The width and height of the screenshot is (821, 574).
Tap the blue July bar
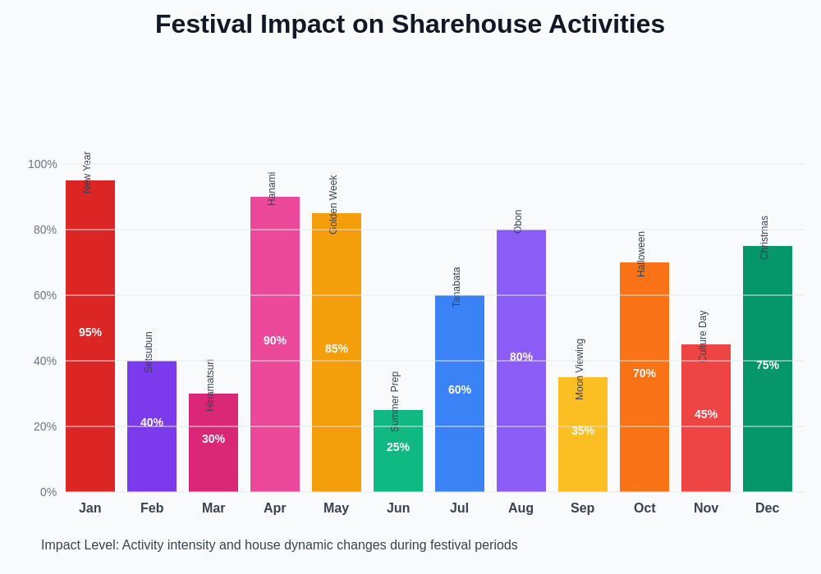click(460, 435)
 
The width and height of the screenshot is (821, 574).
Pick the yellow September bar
click(583, 459)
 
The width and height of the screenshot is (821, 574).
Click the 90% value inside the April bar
click(275, 340)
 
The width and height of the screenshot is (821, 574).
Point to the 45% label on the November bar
click(706, 414)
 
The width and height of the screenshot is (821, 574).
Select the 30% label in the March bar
click(213, 439)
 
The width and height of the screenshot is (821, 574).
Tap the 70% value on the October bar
click(644, 373)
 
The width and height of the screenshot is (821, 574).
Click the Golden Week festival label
click(333, 205)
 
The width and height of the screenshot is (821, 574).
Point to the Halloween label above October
click(641, 254)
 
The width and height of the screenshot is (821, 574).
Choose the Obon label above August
click(518, 221)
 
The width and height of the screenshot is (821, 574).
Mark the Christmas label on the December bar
click(764, 238)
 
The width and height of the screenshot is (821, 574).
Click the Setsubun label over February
click(149, 353)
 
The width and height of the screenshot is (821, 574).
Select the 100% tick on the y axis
click(43, 164)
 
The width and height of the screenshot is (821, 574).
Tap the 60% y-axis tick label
click(45, 295)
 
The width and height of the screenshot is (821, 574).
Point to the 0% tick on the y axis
click(48, 492)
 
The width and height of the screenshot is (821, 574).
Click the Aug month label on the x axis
click(521, 508)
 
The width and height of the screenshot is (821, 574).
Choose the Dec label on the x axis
click(767, 508)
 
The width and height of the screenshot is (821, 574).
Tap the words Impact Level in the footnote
click(79, 545)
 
